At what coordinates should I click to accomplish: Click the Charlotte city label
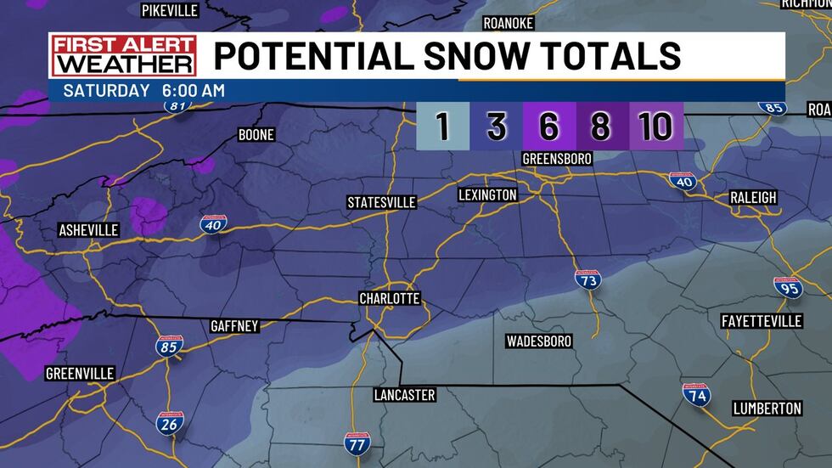click(390, 299)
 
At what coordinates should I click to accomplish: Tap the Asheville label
click(88, 230)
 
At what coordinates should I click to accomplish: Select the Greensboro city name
click(557, 159)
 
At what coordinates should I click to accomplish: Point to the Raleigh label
click(753, 197)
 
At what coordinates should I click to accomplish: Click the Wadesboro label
click(538, 341)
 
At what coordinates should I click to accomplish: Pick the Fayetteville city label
click(761, 321)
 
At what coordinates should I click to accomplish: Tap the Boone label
click(256, 135)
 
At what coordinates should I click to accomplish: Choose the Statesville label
click(382, 202)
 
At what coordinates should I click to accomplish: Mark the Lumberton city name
click(767, 409)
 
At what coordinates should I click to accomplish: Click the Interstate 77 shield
click(357, 443)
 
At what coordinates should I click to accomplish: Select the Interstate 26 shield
click(169, 423)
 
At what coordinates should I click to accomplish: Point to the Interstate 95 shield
click(788, 286)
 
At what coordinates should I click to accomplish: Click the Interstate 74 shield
click(696, 394)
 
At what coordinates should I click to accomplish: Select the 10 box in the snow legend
click(656, 127)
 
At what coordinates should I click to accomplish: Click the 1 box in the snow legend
click(442, 127)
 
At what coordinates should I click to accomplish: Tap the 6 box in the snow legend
click(548, 127)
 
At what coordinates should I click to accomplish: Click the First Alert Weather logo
click(123, 56)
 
